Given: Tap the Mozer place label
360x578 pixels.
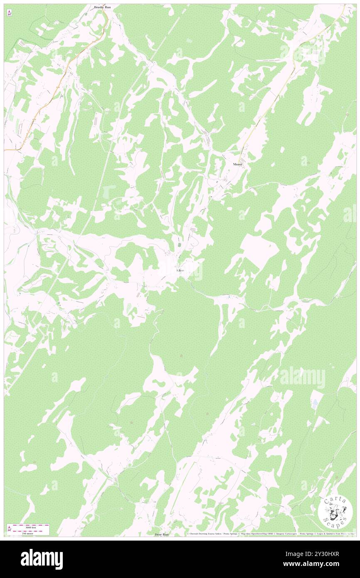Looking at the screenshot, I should point(237,164).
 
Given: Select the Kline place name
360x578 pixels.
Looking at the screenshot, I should point(180,270).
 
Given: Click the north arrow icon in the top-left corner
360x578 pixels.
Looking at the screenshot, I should point(9,12).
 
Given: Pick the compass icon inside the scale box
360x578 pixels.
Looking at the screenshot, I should point(9,529).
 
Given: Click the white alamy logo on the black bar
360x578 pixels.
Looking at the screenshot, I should point(42,559).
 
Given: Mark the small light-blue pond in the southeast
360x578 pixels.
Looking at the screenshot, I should point(315,403).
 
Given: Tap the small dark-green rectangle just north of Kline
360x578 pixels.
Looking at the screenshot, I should point(180,245).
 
